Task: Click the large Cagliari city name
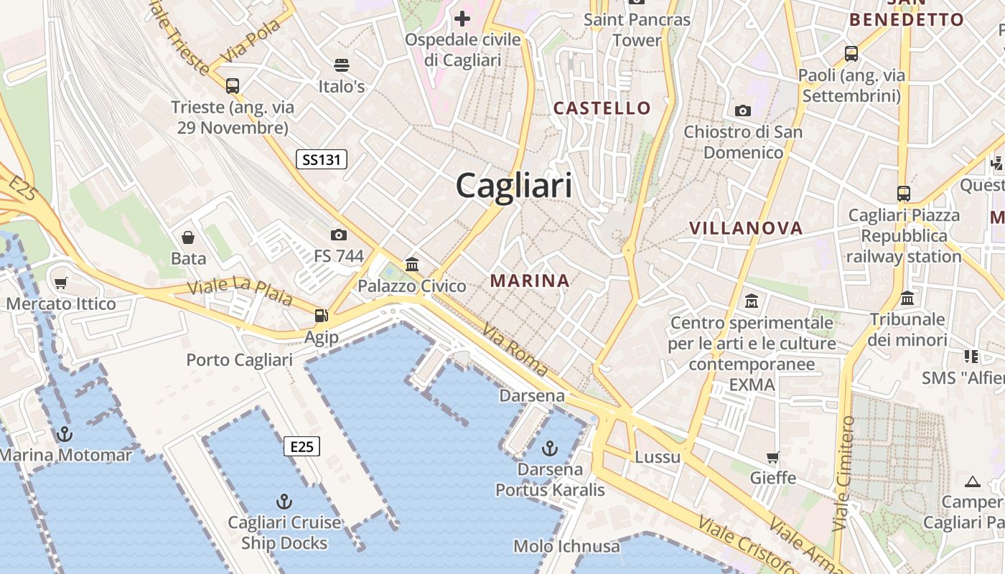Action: point(514,186)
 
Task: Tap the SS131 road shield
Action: point(322,159)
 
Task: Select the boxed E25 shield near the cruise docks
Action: point(301,446)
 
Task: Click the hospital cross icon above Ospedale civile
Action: point(462,19)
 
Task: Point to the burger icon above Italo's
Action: point(342,65)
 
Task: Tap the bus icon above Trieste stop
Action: point(232,86)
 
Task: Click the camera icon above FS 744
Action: point(338,235)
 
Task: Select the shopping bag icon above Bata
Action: point(188,237)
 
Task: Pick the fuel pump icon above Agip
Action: point(321,316)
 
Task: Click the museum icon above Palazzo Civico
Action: point(412,264)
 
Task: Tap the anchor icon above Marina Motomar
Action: point(65,433)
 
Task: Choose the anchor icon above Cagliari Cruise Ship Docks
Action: point(284,501)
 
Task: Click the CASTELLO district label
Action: point(602,108)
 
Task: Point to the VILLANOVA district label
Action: point(745,228)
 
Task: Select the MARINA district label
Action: point(530,281)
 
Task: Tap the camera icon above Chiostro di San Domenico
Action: point(743,110)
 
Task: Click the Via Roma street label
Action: point(515,350)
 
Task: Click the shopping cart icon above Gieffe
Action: point(773,457)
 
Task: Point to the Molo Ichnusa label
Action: point(566,546)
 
